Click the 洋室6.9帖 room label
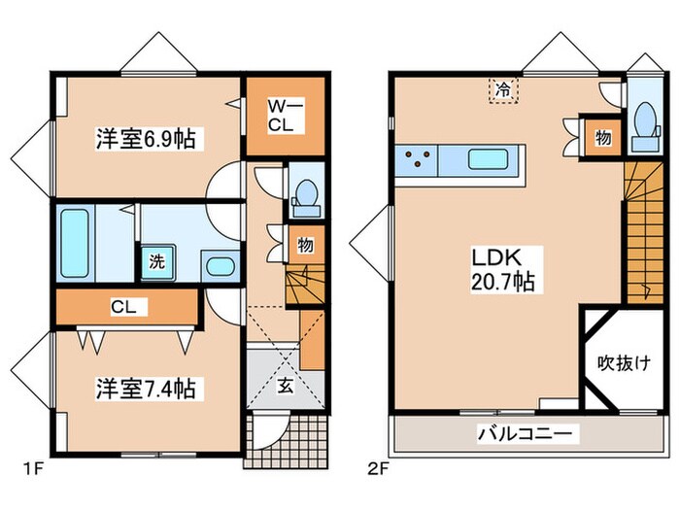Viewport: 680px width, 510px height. tap(145, 139)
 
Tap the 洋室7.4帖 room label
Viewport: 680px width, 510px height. tap(145, 390)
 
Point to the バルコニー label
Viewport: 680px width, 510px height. tap(528, 433)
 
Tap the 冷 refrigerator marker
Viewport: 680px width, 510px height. tap(503, 87)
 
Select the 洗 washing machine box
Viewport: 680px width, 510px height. tap(156, 260)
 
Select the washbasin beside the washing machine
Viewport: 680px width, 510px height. tap(220, 266)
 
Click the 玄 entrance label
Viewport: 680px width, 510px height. tap(288, 385)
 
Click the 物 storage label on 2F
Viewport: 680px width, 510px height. tap(603, 138)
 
